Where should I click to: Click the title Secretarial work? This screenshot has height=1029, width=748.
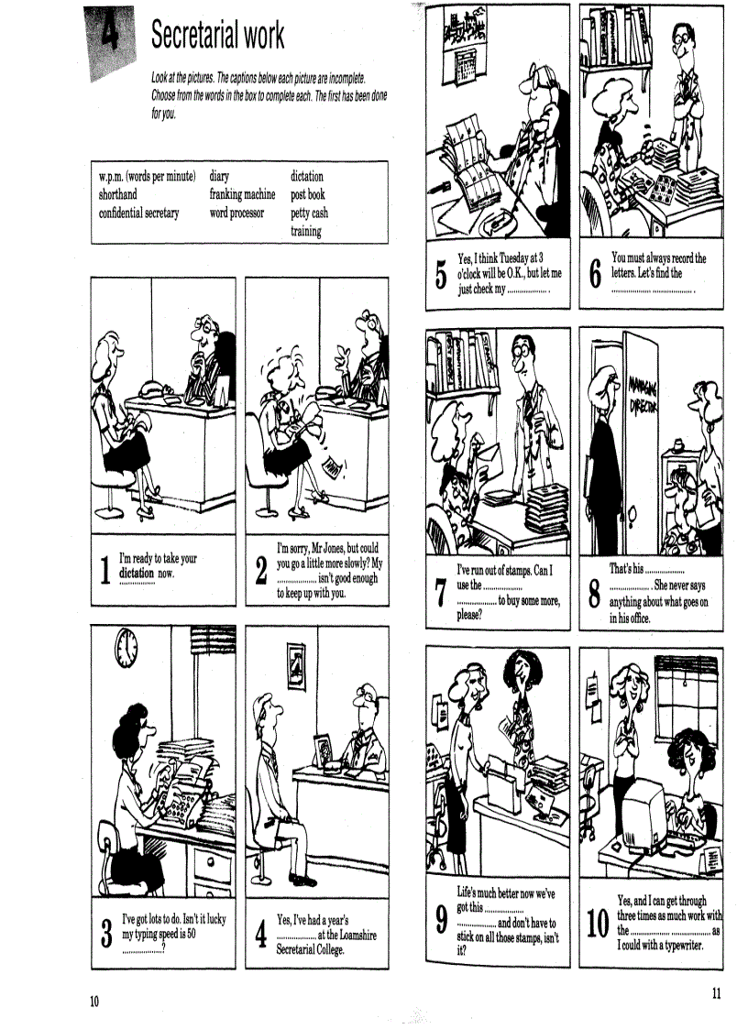tap(217, 35)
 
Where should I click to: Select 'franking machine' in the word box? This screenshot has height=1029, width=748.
tap(242, 194)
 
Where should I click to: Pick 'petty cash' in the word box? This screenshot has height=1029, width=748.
tap(309, 213)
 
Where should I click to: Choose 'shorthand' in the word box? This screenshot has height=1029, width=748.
tap(118, 194)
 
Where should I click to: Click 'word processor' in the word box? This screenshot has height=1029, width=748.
tap(236, 213)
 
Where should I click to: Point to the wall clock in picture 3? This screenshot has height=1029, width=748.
tap(126, 649)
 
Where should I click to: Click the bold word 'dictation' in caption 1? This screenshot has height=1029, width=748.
tap(137, 574)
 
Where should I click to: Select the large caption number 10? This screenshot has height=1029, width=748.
tap(598, 924)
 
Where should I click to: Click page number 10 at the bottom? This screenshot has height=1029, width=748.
tap(93, 1000)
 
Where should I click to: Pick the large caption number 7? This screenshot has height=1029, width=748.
tap(441, 593)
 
